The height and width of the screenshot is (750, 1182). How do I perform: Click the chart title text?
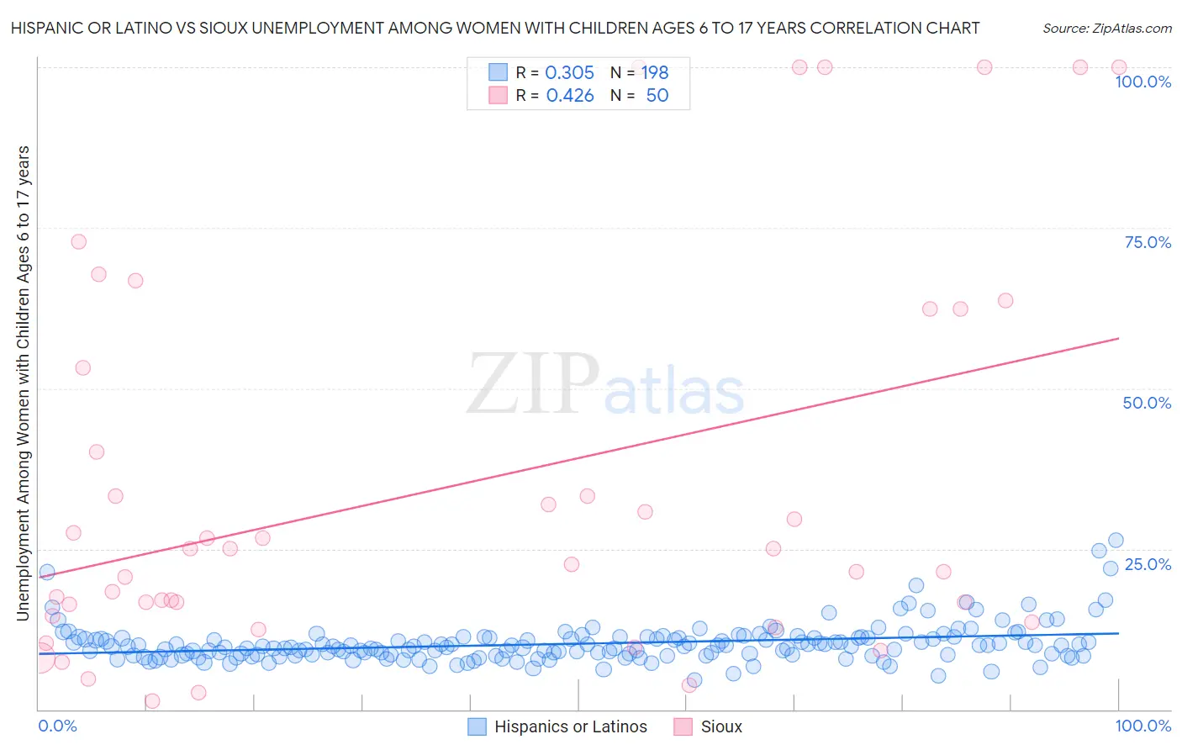tap(494, 28)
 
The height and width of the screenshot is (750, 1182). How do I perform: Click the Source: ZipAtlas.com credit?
tap(1106, 28)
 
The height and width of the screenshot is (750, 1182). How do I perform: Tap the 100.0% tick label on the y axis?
tap(1142, 82)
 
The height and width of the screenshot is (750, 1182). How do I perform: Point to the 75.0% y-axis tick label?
tap(1147, 242)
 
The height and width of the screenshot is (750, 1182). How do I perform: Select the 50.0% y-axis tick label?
tap(1147, 403)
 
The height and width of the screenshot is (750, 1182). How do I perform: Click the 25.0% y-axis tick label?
tap(1147, 564)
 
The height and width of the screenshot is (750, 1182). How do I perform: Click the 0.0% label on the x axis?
tap(57, 726)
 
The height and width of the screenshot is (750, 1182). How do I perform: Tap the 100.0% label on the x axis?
tap(1142, 726)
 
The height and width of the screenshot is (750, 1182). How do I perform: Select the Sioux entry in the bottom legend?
tap(720, 726)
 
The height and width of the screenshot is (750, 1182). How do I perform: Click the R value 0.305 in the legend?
tap(569, 72)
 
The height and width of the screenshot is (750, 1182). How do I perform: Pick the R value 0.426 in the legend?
tap(569, 96)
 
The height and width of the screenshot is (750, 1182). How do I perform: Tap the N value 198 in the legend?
tap(655, 72)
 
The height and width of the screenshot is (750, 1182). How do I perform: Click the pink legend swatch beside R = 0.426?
tap(499, 96)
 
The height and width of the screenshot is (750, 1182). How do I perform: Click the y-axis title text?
tap(23, 383)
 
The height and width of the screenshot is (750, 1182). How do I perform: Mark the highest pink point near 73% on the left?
tap(78, 241)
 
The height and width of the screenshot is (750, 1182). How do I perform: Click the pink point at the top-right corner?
tap(1119, 67)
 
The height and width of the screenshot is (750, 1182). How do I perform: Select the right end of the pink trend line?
tap(1119, 338)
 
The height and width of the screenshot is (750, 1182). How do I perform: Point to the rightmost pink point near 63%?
tap(1005, 300)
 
